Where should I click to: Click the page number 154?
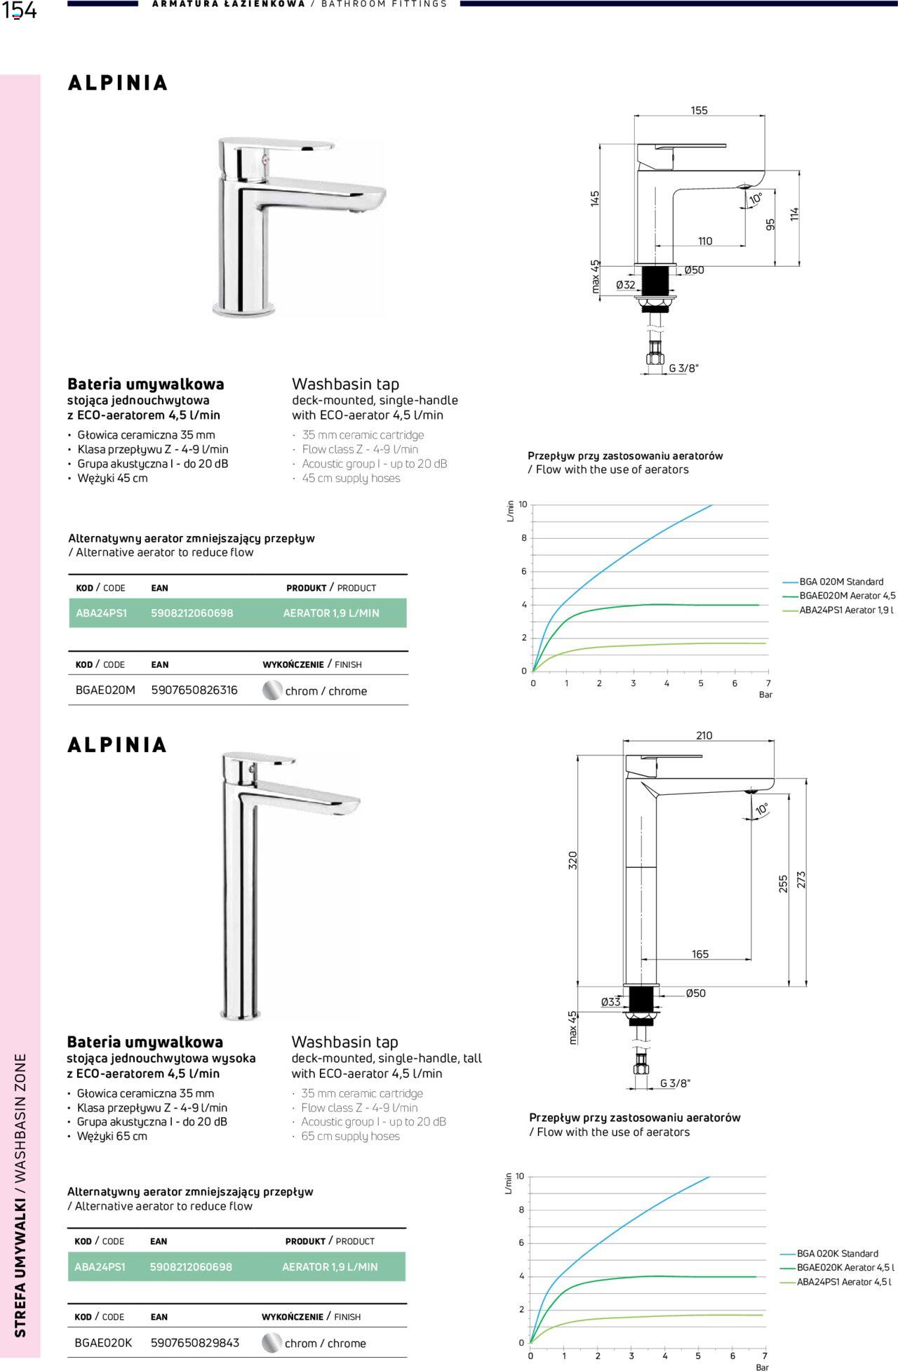pyautogui.click(x=19, y=11)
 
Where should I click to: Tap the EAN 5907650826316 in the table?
pyautogui.click(x=194, y=690)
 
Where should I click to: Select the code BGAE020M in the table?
pyautogui.click(x=105, y=690)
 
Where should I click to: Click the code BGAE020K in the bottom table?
pyautogui.click(x=103, y=1343)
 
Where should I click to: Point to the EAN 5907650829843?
pyautogui.click(x=195, y=1343)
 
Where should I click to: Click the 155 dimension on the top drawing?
pyautogui.click(x=699, y=110)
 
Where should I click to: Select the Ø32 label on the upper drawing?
pyautogui.click(x=625, y=285)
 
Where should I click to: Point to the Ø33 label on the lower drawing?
pyautogui.click(x=610, y=1003)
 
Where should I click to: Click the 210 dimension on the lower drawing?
pyautogui.click(x=704, y=736)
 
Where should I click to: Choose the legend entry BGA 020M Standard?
pyautogui.click(x=841, y=582)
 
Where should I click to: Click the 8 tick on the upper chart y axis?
pyautogui.click(x=523, y=538)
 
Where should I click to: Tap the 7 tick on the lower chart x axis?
pyautogui.click(x=765, y=1356)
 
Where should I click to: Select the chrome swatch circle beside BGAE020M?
pyautogui.click(x=272, y=690)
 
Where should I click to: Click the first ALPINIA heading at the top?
pyautogui.click(x=118, y=83)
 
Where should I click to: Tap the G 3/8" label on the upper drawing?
pyautogui.click(x=683, y=368)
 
